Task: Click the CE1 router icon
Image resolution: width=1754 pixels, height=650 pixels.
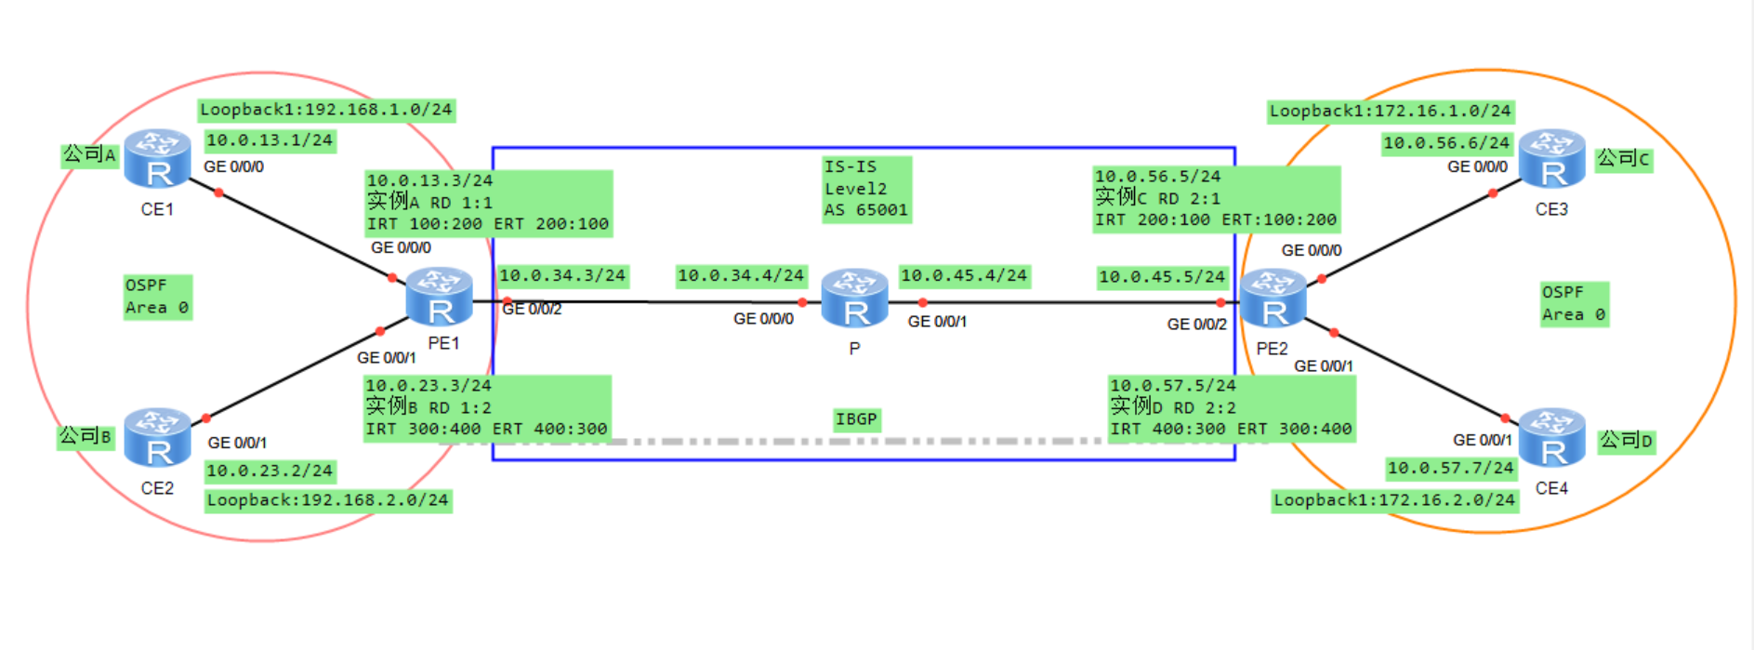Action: [x=157, y=159]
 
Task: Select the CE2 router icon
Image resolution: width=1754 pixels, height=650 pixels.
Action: [x=157, y=437]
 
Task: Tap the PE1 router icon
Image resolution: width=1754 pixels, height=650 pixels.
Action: [x=439, y=297]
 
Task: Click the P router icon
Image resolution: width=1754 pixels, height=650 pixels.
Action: [x=854, y=298]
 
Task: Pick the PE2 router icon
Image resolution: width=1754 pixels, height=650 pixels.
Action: [x=1273, y=298]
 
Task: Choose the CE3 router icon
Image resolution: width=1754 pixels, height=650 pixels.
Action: [x=1551, y=159]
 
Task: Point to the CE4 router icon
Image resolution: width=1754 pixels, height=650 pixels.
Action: [x=1551, y=437]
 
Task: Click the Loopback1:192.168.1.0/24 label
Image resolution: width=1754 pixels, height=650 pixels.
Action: [x=326, y=110]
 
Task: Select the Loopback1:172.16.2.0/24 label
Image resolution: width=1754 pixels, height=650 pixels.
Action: [x=1394, y=500]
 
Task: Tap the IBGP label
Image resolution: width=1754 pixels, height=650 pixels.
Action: [x=856, y=419]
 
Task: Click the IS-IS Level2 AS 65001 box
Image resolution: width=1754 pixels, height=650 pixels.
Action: [x=865, y=189]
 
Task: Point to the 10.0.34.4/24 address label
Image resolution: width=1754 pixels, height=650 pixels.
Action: [x=740, y=275]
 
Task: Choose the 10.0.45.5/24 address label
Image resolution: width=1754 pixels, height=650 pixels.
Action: [x=1162, y=277]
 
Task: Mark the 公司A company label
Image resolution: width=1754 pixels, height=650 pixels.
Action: [x=89, y=154]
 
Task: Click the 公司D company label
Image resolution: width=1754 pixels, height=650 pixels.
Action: [x=1626, y=440]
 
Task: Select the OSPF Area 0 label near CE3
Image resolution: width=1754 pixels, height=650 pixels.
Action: [x=1574, y=303]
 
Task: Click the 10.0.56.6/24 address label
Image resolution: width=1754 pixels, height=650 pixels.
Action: [x=1446, y=143]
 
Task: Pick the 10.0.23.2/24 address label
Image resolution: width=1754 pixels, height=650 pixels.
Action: [x=270, y=471]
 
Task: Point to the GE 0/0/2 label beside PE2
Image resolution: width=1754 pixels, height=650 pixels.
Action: [x=1196, y=324]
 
